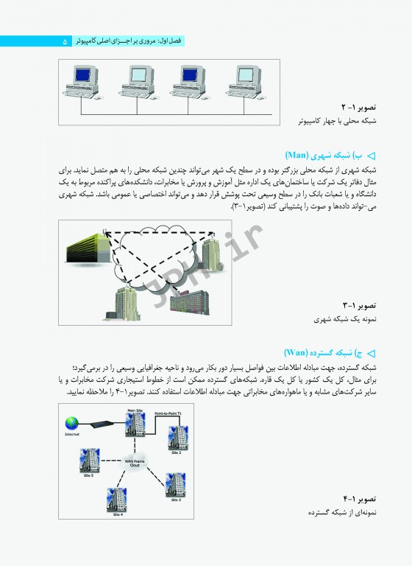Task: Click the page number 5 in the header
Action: point(65,42)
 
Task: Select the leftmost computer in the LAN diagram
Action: point(85,80)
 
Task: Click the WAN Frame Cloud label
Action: point(134,463)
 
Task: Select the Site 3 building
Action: point(175,485)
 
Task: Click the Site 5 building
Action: point(88,461)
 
